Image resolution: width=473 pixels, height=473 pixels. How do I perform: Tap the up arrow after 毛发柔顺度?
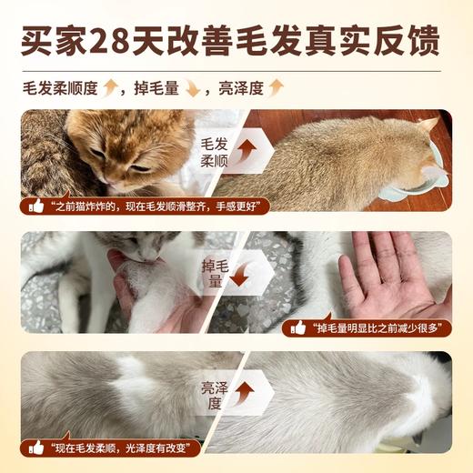coord(112,87)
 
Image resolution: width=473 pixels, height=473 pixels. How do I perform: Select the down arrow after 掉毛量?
coord(192,87)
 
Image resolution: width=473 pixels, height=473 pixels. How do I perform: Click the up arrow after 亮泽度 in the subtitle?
coord(276,87)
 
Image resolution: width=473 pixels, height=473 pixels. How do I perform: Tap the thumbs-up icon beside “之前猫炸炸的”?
coord(36,206)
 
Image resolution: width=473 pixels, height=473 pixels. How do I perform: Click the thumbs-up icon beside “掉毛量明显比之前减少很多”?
coord(297,327)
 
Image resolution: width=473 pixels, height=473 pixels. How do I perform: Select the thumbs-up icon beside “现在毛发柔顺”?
coord(36,448)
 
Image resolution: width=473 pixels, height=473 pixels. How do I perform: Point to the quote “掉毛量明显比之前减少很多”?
coord(373,327)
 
